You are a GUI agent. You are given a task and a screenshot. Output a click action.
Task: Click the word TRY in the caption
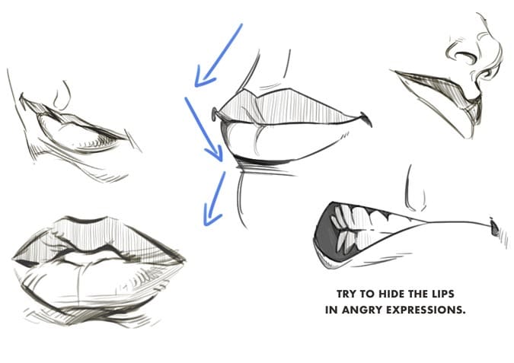[346, 294]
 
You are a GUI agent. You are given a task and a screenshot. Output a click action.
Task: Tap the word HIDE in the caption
[388, 294]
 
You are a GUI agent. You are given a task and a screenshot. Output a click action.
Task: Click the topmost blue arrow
[219, 55]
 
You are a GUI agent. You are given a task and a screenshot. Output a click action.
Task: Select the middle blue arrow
[204, 129]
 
